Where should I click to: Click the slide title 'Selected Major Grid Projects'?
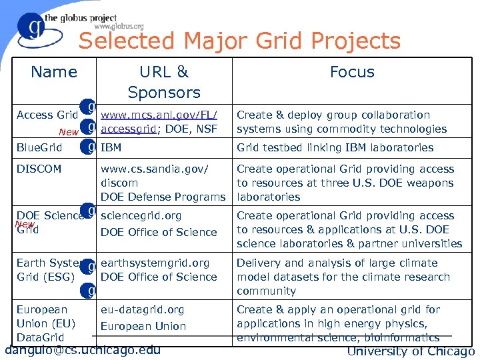(239, 41)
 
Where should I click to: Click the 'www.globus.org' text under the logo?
(119, 27)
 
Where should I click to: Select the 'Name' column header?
(54, 72)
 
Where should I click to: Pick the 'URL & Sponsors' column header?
(164, 81)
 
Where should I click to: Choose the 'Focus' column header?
(352, 72)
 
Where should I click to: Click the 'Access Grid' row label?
(47, 115)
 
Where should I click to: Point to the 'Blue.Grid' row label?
(39, 147)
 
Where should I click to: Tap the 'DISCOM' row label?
(39, 169)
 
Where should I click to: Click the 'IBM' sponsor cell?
(111, 147)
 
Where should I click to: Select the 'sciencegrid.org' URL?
(141, 216)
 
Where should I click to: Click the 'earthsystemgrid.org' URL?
(155, 263)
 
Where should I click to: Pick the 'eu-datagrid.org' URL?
(142, 309)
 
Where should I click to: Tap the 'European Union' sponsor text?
(143, 326)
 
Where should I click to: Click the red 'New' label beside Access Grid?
(68, 132)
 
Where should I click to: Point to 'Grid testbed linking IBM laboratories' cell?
(335, 147)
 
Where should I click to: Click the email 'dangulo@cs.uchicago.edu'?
(82, 349)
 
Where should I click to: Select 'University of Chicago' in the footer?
(411, 351)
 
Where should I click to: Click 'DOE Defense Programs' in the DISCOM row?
(163, 197)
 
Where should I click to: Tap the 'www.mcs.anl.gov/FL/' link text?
(159, 115)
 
